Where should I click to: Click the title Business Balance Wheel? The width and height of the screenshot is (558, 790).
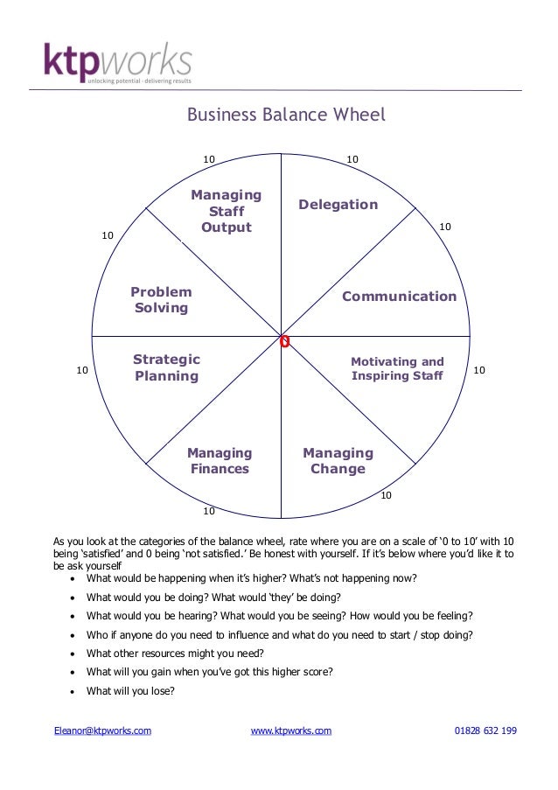tap(286, 115)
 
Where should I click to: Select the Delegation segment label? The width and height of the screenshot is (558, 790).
tap(338, 205)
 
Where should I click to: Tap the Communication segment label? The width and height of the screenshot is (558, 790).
tap(399, 297)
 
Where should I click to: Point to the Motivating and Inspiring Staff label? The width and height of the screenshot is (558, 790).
tap(397, 368)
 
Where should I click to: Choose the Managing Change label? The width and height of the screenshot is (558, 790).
tap(338, 461)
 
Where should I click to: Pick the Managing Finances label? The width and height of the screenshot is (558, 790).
tap(220, 461)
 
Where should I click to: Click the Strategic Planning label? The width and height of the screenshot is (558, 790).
tap(166, 367)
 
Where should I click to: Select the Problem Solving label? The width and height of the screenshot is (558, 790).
tap(161, 300)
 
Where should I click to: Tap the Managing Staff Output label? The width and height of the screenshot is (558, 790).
tap(226, 211)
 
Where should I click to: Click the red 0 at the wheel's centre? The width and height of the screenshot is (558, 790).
tap(284, 341)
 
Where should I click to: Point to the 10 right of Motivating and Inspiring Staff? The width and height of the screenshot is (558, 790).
tap(479, 371)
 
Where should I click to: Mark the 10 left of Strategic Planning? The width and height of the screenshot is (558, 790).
tap(82, 371)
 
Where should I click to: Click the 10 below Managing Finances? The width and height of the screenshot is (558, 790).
tap(209, 510)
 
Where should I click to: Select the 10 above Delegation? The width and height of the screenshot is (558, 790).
tap(352, 159)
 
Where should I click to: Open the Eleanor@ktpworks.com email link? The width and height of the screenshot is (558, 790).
tap(103, 731)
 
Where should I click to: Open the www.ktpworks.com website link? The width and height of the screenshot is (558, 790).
tap(291, 731)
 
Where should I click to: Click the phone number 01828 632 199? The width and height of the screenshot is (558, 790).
tap(485, 731)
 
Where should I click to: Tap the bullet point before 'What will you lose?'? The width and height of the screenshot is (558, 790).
tap(70, 691)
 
